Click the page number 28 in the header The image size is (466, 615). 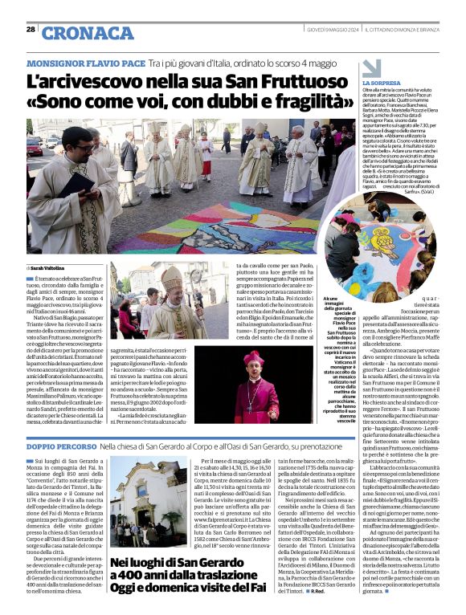(x=31, y=30)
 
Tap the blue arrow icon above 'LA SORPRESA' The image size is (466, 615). (x=372, y=67)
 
